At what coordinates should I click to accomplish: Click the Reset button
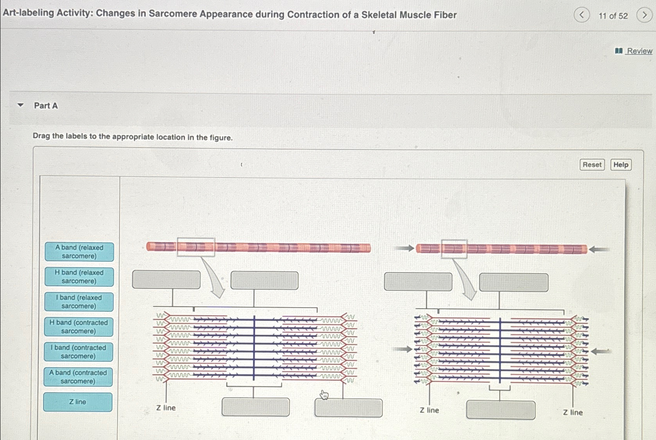(592, 165)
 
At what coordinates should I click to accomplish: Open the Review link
(639, 51)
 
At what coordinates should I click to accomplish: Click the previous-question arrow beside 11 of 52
(582, 15)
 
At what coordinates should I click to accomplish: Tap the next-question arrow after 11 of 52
(644, 15)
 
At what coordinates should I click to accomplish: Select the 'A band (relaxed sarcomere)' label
(79, 252)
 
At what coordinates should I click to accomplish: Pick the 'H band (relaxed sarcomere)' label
(79, 276)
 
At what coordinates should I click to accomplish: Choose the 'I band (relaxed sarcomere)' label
(79, 302)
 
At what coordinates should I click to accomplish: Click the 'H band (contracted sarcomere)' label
(79, 327)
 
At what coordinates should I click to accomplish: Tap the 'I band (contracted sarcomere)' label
(78, 352)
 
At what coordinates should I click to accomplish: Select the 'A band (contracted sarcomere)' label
(78, 377)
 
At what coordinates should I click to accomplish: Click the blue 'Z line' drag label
(78, 402)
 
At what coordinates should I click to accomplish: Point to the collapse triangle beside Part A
(21, 105)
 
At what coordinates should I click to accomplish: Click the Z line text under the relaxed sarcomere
(166, 408)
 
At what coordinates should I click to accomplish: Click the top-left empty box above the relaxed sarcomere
(166, 280)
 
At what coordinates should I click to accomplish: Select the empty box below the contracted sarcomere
(501, 410)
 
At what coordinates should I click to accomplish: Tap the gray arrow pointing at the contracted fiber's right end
(600, 250)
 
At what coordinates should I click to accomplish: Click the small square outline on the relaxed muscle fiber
(196, 247)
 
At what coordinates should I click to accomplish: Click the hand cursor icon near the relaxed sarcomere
(324, 395)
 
